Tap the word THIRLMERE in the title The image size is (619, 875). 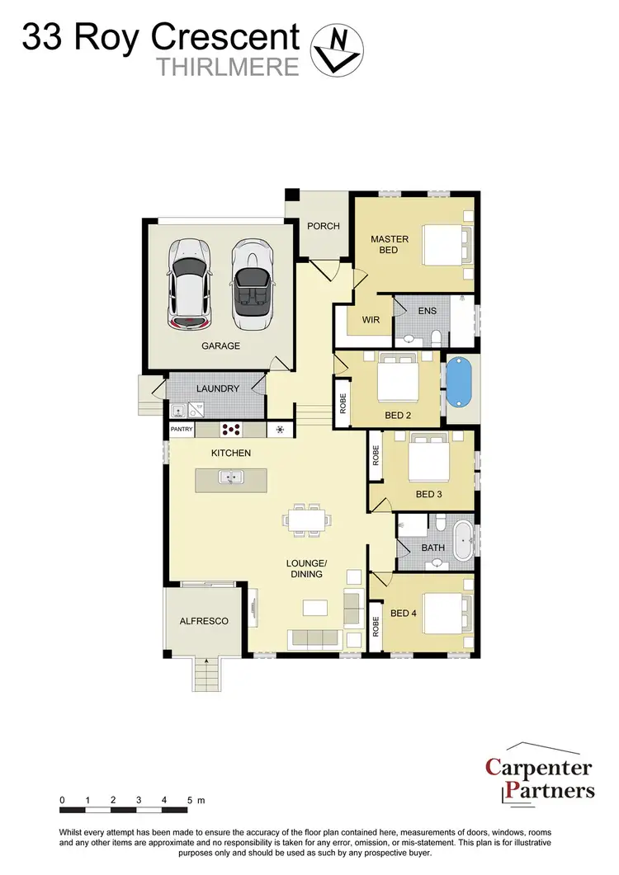tap(228, 68)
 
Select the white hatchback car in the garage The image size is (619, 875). tap(188, 283)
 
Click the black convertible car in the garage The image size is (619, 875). tap(250, 282)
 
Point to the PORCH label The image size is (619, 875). tap(324, 226)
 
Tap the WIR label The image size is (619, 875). tap(371, 320)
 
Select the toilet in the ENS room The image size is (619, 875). tap(435, 337)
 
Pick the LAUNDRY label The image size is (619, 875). tap(218, 388)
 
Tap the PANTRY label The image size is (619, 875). tap(182, 430)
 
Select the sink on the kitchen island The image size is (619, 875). tap(230, 477)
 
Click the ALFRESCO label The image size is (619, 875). tap(203, 621)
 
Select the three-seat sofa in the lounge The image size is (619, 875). tap(314, 638)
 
